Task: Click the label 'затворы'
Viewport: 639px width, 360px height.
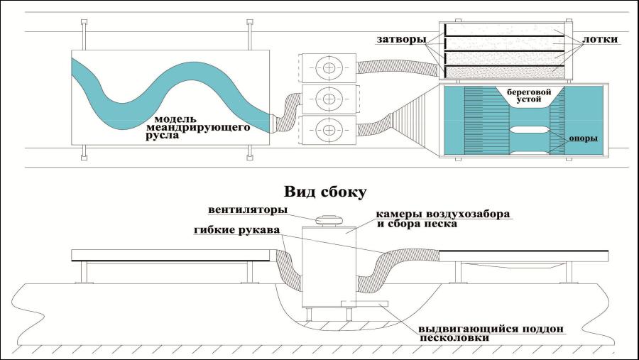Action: (x=401, y=40)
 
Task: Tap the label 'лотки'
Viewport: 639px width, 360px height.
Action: (x=600, y=40)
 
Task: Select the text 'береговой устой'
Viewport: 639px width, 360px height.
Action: (x=528, y=95)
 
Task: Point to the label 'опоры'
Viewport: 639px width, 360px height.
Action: (x=583, y=138)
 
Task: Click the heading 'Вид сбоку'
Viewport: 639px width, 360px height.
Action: (x=325, y=192)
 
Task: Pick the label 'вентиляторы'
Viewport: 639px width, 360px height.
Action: (x=247, y=210)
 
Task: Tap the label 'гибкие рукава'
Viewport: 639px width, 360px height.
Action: (x=236, y=230)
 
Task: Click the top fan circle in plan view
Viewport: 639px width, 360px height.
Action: (x=329, y=67)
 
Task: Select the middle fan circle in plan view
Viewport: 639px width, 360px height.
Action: (x=329, y=98)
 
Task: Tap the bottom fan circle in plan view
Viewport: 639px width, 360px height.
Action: (x=329, y=130)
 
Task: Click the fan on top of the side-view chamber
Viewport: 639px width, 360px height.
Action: (x=329, y=219)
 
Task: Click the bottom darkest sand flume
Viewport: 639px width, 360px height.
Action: (x=505, y=72)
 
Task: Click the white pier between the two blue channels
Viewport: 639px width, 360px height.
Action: (x=530, y=130)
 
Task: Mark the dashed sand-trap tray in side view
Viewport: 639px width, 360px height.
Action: (x=364, y=303)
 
